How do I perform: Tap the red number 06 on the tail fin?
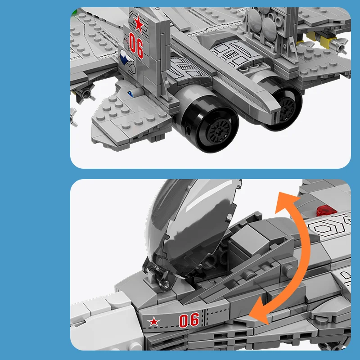(136, 44)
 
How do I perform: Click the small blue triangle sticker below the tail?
(130, 93)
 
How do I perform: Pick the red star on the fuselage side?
(154, 322)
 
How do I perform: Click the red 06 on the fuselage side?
(189, 320)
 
